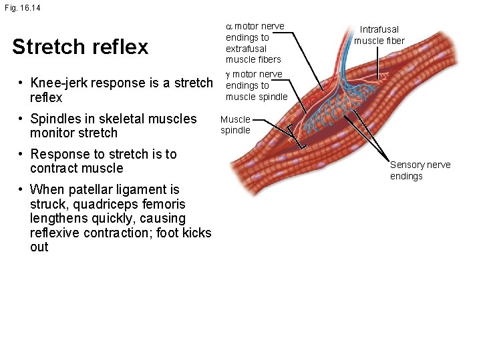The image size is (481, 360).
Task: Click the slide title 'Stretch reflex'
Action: coord(80,47)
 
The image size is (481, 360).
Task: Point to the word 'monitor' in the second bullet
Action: coord(55,133)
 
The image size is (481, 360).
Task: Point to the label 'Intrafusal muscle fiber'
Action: coord(379,35)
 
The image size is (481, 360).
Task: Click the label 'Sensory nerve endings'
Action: coord(420,170)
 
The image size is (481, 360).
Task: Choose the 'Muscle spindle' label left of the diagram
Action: coord(235,125)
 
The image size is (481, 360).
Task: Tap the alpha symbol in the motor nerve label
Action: coord(229,27)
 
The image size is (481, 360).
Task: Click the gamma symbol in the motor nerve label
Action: coord(228,74)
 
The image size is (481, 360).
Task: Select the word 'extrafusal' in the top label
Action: coord(246,49)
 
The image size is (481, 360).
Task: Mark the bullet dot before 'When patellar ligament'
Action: coord(22,190)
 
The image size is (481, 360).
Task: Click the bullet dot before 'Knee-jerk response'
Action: coord(22,83)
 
